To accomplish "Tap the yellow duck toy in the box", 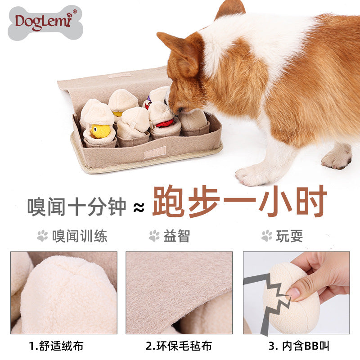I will (100, 131).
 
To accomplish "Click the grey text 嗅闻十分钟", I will (76, 206).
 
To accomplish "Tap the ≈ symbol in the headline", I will (139, 207).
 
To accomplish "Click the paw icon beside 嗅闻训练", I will (43, 235).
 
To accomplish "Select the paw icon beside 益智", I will (154, 235).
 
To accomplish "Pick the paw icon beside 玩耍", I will (267, 235).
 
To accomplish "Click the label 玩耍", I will (289, 236).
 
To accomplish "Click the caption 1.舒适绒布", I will (56, 346).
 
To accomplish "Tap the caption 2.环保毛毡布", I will (179, 346).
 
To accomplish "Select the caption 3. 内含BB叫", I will (299, 346).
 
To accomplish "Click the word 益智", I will (177, 236).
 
